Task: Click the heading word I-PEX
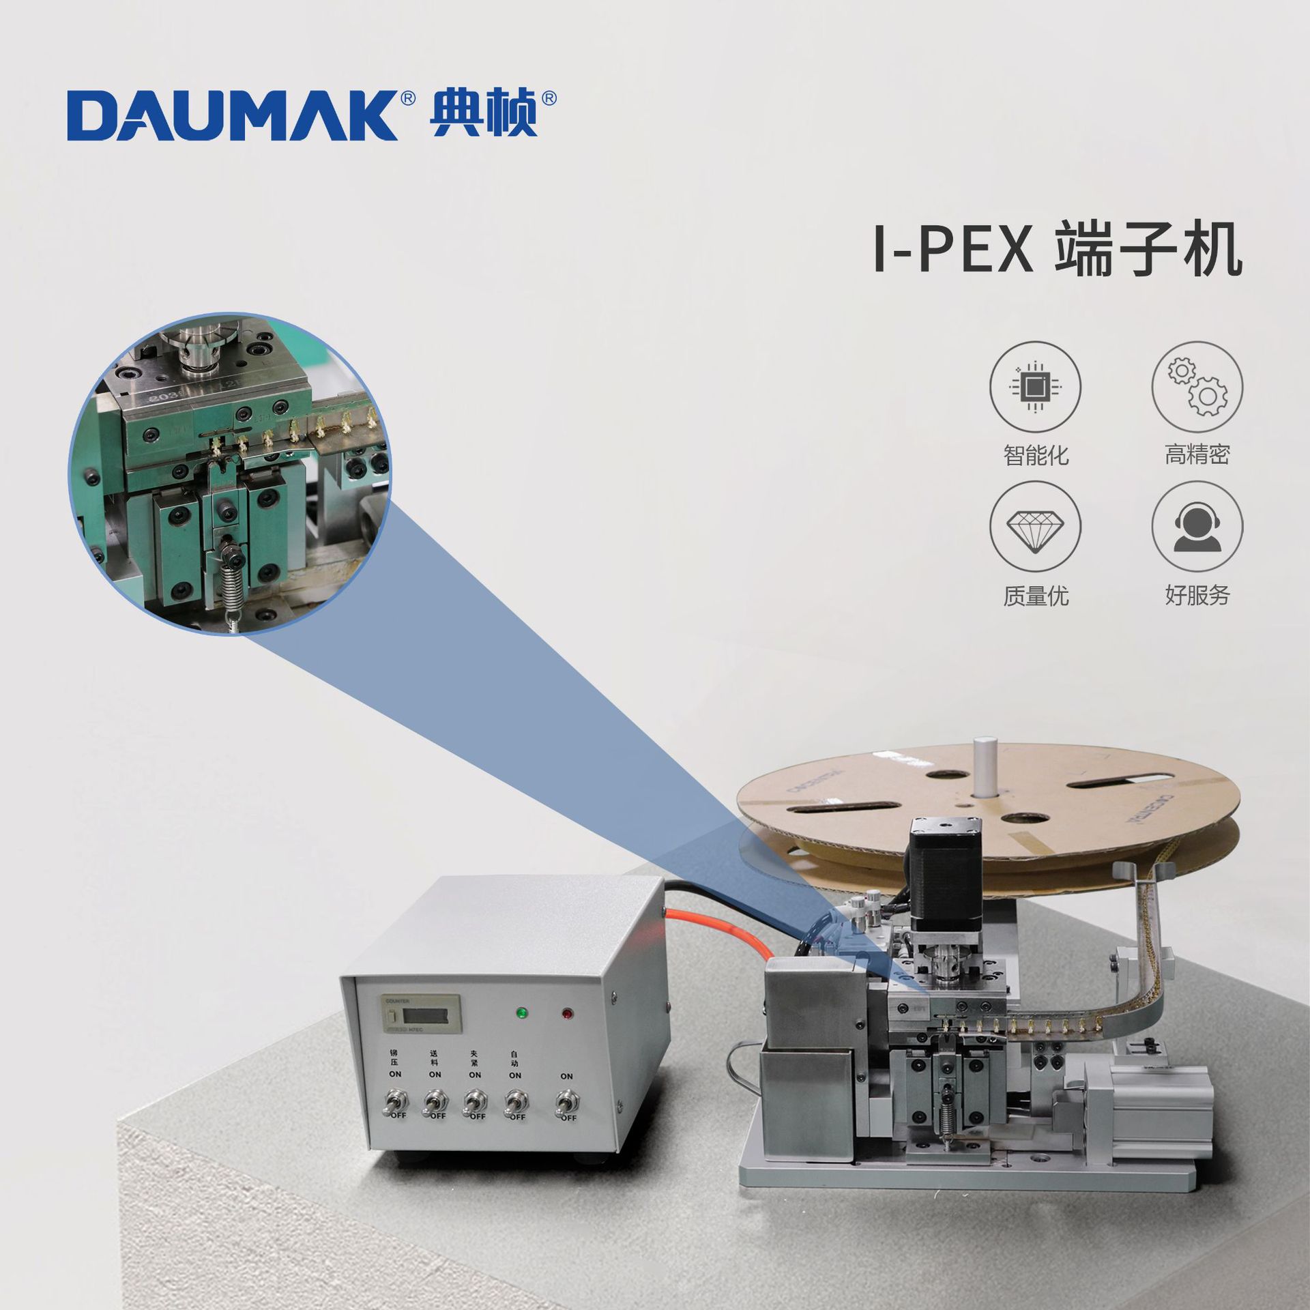(953, 251)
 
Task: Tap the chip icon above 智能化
(1035, 387)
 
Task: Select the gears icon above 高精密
(1197, 387)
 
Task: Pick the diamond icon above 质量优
(1035, 527)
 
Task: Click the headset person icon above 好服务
(1197, 527)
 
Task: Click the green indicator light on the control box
(523, 1012)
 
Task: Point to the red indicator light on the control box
(567, 1014)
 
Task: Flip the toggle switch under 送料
(435, 1101)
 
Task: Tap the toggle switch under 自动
(514, 1101)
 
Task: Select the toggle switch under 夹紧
(474, 1101)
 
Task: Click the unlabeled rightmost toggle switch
(566, 1102)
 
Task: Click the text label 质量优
(1035, 596)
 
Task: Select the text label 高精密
(1197, 454)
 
